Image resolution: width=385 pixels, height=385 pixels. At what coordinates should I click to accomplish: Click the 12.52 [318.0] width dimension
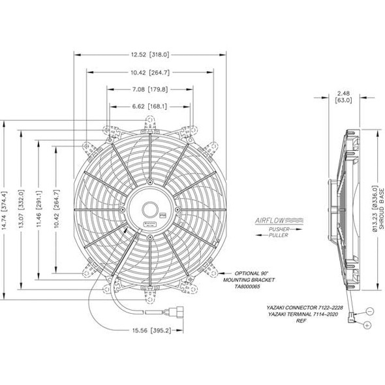[151, 55]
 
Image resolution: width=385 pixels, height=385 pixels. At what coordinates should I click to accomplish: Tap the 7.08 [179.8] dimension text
[151, 88]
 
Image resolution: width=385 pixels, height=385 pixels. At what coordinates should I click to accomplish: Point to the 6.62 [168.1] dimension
[151, 106]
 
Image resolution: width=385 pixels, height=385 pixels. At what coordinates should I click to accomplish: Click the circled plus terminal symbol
[367, 325]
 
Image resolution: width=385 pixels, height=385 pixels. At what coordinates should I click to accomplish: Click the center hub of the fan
[151, 209]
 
